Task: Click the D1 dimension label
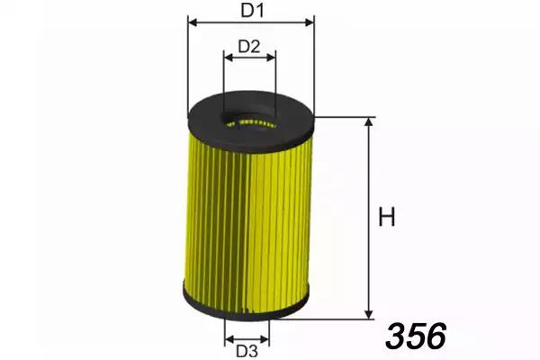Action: pyautogui.click(x=252, y=10)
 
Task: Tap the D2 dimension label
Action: pyautogui.click(x=249, y=47)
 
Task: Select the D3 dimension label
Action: pyautogui.click(x=247, y=351)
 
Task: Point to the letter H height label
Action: pyautogui.click(x=387, y=217)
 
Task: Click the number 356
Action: pyautogui.click(x=416, y=336)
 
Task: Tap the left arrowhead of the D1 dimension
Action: pyautogui.click(x=193, y=22)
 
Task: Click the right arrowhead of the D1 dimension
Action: pyautogui.click(x=310, y=22)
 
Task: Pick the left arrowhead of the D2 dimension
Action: pyautogui.click(x=228, y=58)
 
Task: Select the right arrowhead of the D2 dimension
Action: pyautogui.click(x=272, y=58)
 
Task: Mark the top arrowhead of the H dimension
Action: pyautogui.click(x=369, y=122)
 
